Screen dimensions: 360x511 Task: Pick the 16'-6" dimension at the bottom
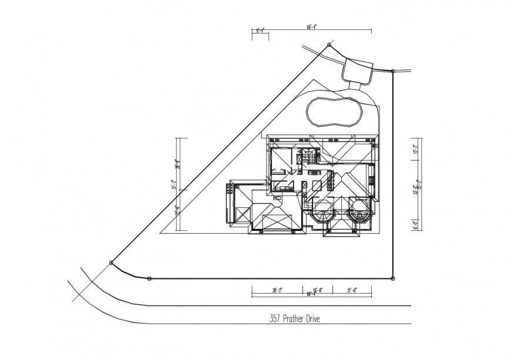click(318, 290)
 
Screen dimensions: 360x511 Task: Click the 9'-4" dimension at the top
click(260, 28)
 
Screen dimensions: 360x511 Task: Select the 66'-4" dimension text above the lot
click(313, 27)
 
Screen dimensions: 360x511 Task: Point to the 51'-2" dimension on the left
click(174, 185)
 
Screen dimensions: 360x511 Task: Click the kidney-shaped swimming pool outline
click(333, 111)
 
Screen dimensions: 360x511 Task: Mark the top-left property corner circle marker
click(328, 45)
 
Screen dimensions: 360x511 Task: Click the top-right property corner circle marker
click(392, 71)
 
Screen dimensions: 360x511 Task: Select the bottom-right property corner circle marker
click(392, 278)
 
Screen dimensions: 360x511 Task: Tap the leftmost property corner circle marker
click(111, 263)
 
